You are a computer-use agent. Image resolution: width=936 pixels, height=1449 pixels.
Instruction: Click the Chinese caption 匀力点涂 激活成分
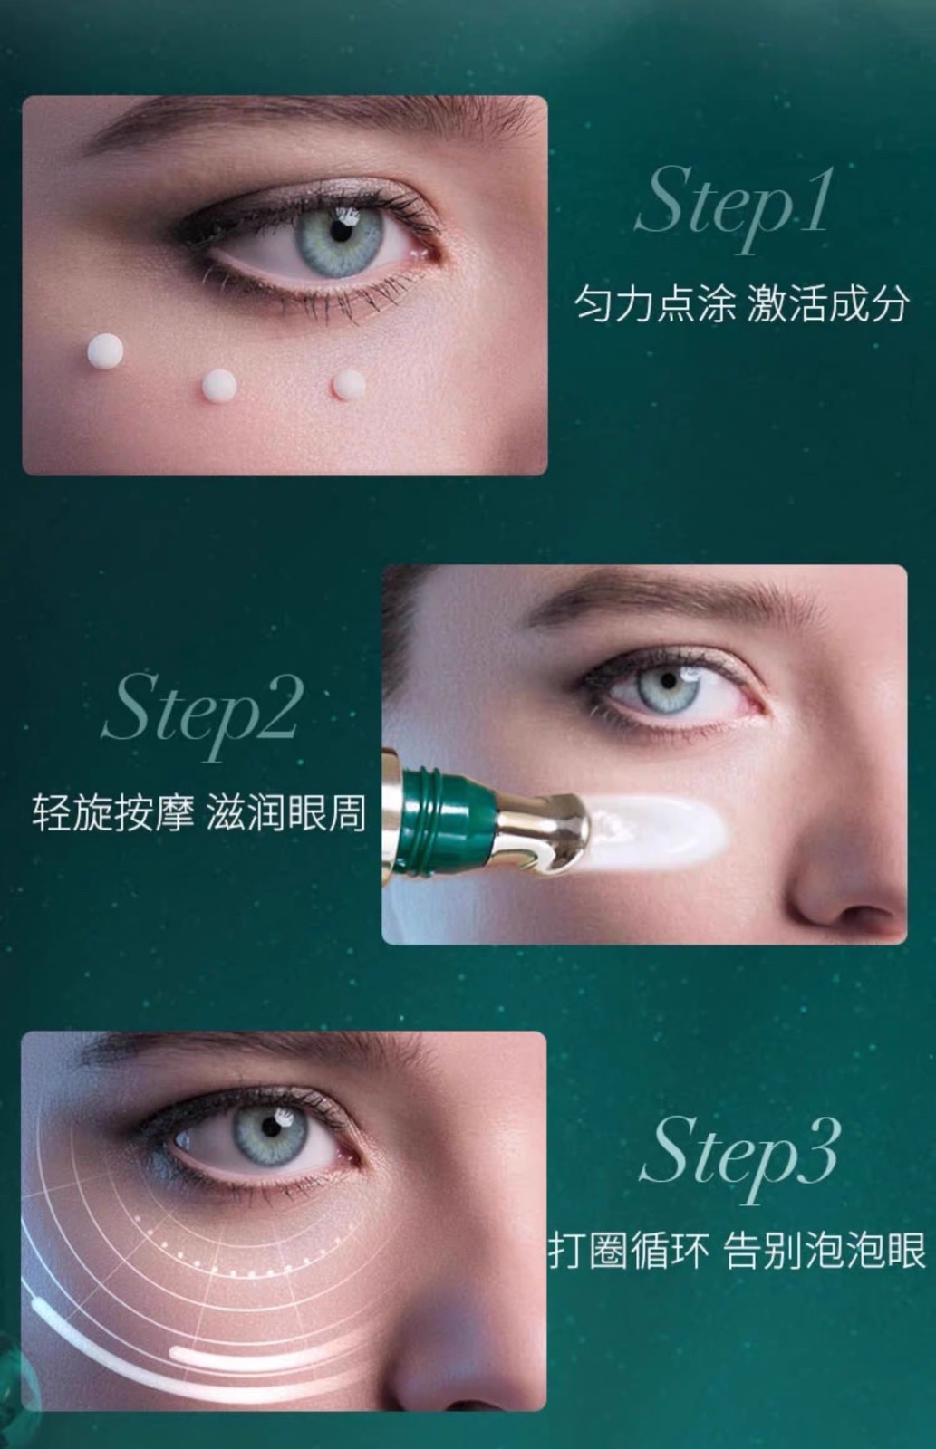[x=742, y=303]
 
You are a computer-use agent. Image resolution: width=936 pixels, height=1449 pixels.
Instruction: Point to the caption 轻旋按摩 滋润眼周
[x=198, y=812]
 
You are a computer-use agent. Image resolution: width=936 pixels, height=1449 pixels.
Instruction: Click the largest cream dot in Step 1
[x=105, y=351]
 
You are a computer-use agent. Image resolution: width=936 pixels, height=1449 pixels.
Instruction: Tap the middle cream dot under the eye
[x=218, y=386]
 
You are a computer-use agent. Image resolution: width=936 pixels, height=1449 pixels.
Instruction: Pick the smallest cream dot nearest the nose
[x=349, y=384]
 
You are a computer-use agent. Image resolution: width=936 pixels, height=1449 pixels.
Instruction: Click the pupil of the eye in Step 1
[x=340, y=231]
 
